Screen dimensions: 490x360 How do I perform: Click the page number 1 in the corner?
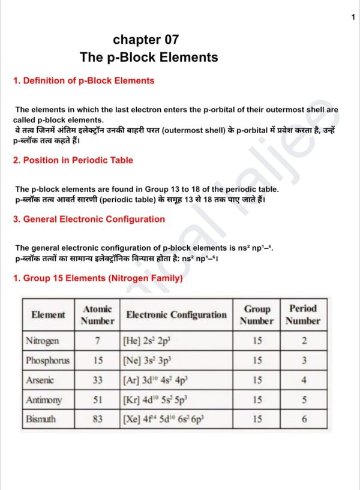pos(353,17)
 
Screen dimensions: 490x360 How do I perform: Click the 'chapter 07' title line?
pos(146,40)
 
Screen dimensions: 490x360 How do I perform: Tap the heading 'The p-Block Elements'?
pos(149,58)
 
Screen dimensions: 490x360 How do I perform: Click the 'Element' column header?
pos(49,314)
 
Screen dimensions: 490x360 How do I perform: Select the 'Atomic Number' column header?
pos(97,315)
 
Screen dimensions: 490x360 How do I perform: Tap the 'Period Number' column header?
pos(303,315)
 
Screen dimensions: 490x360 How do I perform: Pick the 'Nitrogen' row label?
pos(42,341)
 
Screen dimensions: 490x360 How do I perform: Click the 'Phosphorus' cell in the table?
pos(47,360)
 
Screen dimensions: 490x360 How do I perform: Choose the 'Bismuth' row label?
pos(41,419)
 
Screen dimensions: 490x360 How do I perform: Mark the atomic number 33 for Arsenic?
pos(97,380)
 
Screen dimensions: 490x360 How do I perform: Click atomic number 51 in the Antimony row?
pos(97,400)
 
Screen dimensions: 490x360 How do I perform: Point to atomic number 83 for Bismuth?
pos(97,419)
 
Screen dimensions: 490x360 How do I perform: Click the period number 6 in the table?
pos(304,419)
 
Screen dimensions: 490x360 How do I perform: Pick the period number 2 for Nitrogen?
pos(304,341)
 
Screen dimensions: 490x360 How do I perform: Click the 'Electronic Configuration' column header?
pos(176,315)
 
